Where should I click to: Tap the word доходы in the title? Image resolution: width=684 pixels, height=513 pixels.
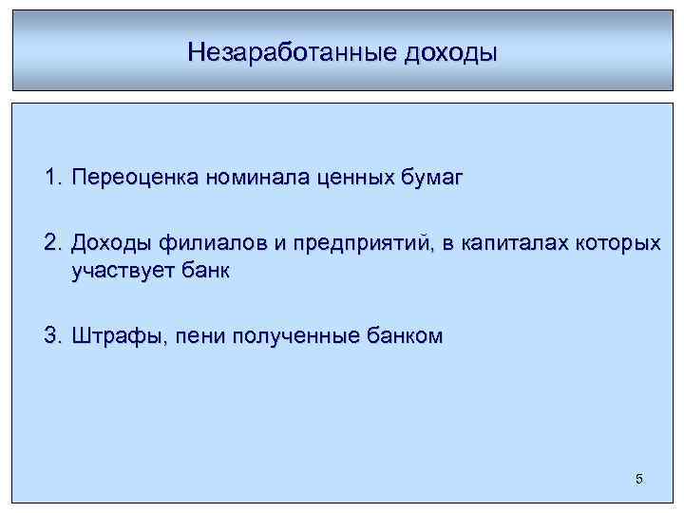(x=449, y=51)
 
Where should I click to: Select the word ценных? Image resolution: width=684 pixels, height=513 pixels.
(x=332, y=178)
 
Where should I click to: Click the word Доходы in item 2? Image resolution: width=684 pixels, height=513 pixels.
(x=108, y=245)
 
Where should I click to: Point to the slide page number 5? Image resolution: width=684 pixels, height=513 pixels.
(x=638, y=479)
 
